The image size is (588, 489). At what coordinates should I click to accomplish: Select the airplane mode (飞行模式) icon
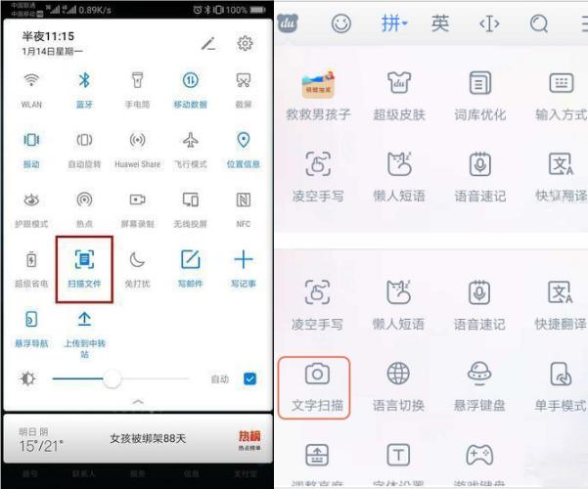pos(190,140)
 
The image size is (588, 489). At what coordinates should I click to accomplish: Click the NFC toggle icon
pos(243,200)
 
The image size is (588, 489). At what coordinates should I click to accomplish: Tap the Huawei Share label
pos(137,164)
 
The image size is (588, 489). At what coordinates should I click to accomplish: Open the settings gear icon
pos(245,43)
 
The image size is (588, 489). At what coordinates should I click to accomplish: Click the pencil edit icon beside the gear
pos(207,43)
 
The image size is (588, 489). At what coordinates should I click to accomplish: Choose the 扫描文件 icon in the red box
pos(84,259)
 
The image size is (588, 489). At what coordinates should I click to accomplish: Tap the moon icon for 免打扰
pos(137,259)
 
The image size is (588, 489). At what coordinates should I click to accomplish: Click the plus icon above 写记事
pos(243,259)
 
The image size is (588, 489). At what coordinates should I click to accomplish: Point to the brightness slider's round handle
pos(113,378)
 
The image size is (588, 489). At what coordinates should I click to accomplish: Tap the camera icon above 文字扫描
pos(317,374)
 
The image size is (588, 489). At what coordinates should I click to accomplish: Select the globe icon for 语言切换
pos(398,374)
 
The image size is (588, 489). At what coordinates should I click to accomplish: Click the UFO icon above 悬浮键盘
pos(479,374)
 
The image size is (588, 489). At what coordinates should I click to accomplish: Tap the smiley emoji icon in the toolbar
pos(340,23)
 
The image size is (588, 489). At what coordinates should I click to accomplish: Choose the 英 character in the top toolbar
pos(440,23)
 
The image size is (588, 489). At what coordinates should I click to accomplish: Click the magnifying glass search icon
pos(539,23)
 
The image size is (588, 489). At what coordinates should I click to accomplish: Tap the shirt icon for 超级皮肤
pos(398,83)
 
